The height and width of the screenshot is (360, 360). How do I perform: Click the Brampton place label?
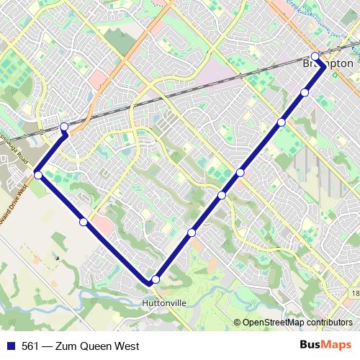[x=328, y=64]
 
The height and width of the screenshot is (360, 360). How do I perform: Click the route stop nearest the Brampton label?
[x=315, y=56]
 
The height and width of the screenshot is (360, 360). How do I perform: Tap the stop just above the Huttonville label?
[x=156, y=279]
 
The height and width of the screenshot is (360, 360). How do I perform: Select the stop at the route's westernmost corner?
[x=38, y=174]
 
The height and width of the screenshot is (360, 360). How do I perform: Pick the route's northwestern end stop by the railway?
[x=64, y=127]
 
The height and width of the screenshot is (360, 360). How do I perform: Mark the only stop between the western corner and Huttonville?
[x=84, y=222]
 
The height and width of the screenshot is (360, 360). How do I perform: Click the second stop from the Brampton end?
[x=305, y=92]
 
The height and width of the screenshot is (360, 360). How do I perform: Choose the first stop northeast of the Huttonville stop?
[x=192, y=232]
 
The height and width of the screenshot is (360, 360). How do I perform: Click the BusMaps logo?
[x=326, y=346]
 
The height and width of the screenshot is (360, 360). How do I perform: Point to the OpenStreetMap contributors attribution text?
[x=297, y=323]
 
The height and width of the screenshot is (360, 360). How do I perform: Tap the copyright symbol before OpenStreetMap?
[x=238, y=323]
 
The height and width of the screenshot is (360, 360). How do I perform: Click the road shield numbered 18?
[x=355, y=294]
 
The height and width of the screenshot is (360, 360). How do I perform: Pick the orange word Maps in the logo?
[x=339, y=346]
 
